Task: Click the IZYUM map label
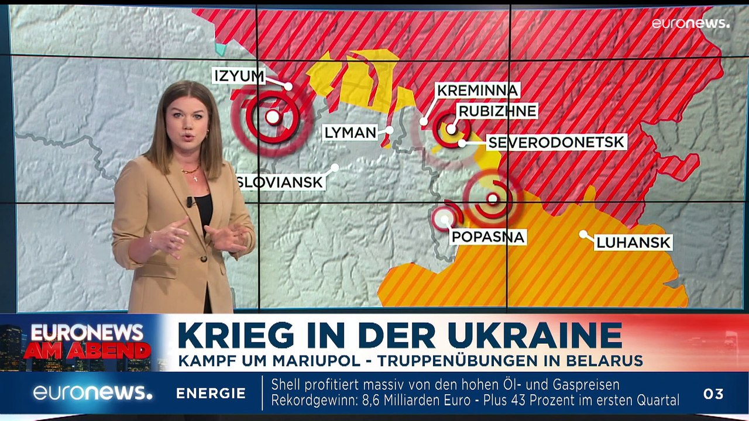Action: [239, 76]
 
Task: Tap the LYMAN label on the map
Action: [350, 133]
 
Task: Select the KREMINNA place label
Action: [477, 91]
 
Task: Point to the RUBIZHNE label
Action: [497, 111]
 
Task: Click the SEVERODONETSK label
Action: [556, 142]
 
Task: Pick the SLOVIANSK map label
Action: [280, 182]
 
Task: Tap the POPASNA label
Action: [487, 237]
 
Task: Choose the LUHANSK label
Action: [633, 243]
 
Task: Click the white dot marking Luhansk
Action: [583, 234]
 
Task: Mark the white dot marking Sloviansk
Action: [335, 168]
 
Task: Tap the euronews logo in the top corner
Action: [690, 23]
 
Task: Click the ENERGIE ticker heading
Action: [211, 394]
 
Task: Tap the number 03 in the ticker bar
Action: [713, 394]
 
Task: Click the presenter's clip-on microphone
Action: [190, 202]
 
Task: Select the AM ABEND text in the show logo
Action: [87, 351]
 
